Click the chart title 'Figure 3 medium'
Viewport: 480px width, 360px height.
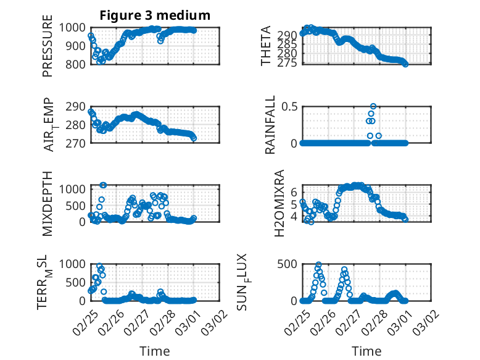(x=155, y=15)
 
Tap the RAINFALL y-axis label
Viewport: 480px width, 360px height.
(x=270, y=125)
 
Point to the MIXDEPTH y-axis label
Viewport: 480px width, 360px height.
(x=48, y=204)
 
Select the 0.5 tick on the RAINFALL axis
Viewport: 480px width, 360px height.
(x=289, y=106)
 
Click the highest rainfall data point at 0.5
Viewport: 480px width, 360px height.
(x=373, y=106)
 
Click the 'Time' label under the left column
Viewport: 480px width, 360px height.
(x=155, y=351)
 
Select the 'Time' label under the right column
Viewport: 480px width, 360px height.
(x=366, y=351)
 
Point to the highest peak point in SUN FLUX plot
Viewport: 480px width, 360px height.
(x=318, y=265)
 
